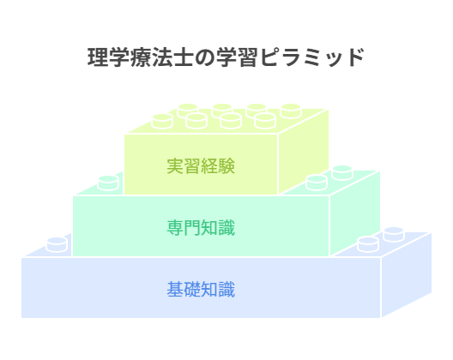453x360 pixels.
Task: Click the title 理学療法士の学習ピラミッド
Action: [x=226, y=57]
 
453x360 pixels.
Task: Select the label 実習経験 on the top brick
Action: [x=201, y=166]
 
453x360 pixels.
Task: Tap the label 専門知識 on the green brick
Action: [x=201, y=228]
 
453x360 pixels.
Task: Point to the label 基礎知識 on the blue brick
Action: [x=201, y=289]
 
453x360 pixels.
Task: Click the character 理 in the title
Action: [x=98, y=57]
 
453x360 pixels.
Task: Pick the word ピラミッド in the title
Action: [x=312, y=57]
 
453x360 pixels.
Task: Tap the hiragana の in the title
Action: [x=204, y=57]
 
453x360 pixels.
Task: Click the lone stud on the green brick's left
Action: [x=108, y=183]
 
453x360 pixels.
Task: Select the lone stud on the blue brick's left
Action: [x=57, y=244]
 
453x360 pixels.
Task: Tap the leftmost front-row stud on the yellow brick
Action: [x=162, y=121]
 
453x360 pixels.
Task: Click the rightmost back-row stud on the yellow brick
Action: [x=291, y=111]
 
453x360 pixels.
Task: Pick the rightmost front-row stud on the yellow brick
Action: [x=265, y=121]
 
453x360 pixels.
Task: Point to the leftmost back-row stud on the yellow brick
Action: [x=188, y=111]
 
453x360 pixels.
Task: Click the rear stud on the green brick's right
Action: [x=342, y=172]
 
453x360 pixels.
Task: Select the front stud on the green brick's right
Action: [x=317, y=183]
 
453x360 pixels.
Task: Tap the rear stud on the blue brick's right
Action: [x=394, y=234]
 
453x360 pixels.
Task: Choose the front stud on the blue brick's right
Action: [x=368, y=244]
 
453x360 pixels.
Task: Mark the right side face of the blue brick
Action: [x=406, y=274]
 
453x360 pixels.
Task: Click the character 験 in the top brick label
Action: [x=226, y=166]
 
